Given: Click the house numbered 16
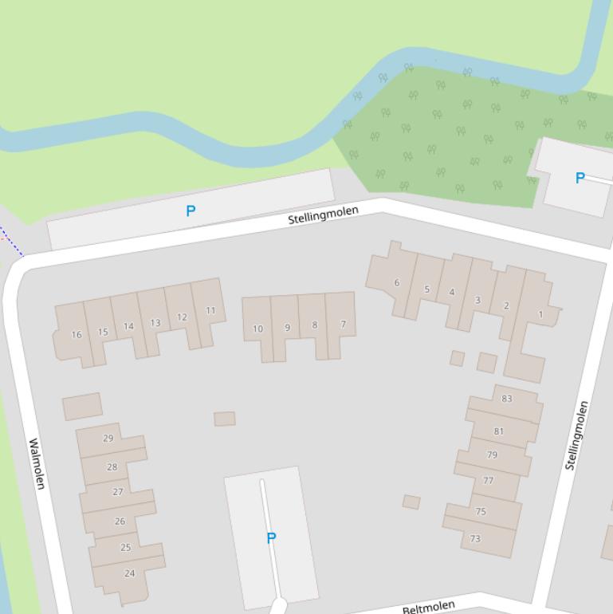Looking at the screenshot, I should [x=77, y=335].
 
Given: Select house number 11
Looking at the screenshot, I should [x=210, y=311].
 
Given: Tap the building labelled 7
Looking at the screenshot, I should [x=344, y=325].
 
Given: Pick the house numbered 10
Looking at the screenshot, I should [x=257, y=329].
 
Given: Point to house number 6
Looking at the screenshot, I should [x=396, y=283].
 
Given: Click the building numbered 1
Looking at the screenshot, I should [x=540, y=315].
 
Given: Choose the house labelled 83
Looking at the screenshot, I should [x=507, y=399].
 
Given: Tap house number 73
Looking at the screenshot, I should [x=476, y=539].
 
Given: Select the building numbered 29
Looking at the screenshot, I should [x=108, y=438].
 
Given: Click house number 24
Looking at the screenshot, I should [x=129, y=573].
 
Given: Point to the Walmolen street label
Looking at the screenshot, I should [x=37, y=463].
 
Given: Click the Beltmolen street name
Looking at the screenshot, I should [x=429, y=608].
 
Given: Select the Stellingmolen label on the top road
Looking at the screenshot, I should [x=324, y=215].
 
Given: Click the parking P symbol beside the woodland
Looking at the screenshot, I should [x=580, y=179].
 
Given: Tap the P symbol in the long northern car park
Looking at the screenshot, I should [x=191, y=211].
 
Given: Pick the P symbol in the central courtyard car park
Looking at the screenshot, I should [x=271, y=538].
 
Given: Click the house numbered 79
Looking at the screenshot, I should [x=492, y=455].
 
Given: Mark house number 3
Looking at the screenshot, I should [x=477, y=301].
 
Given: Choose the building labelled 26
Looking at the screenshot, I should [x=120, y=522].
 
